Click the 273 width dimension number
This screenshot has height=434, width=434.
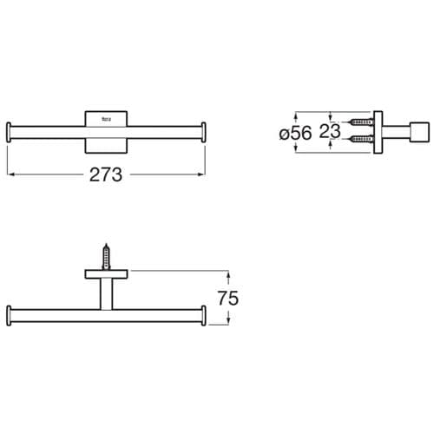[x=107, y=174]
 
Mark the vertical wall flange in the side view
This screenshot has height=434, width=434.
[x=378, y=130]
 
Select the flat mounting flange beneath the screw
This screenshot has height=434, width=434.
[x=108, y=275]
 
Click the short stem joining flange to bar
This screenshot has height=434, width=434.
[x=108, y=293]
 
